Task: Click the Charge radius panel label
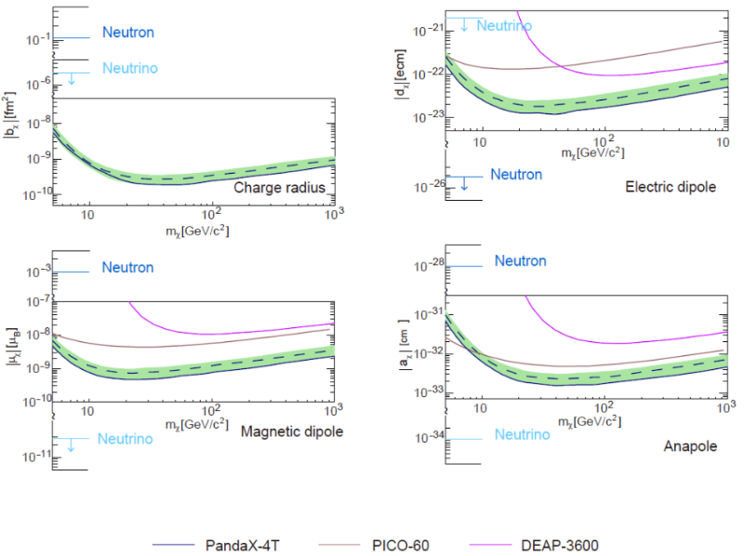278,188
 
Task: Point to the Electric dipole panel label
671,187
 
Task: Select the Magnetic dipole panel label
292,431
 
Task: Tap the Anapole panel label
690,446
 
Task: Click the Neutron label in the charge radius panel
128,33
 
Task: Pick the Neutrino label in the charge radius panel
129,68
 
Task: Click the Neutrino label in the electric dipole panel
504,25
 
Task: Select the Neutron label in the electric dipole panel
516,174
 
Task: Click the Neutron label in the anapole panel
520,261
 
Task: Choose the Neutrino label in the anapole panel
522,434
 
